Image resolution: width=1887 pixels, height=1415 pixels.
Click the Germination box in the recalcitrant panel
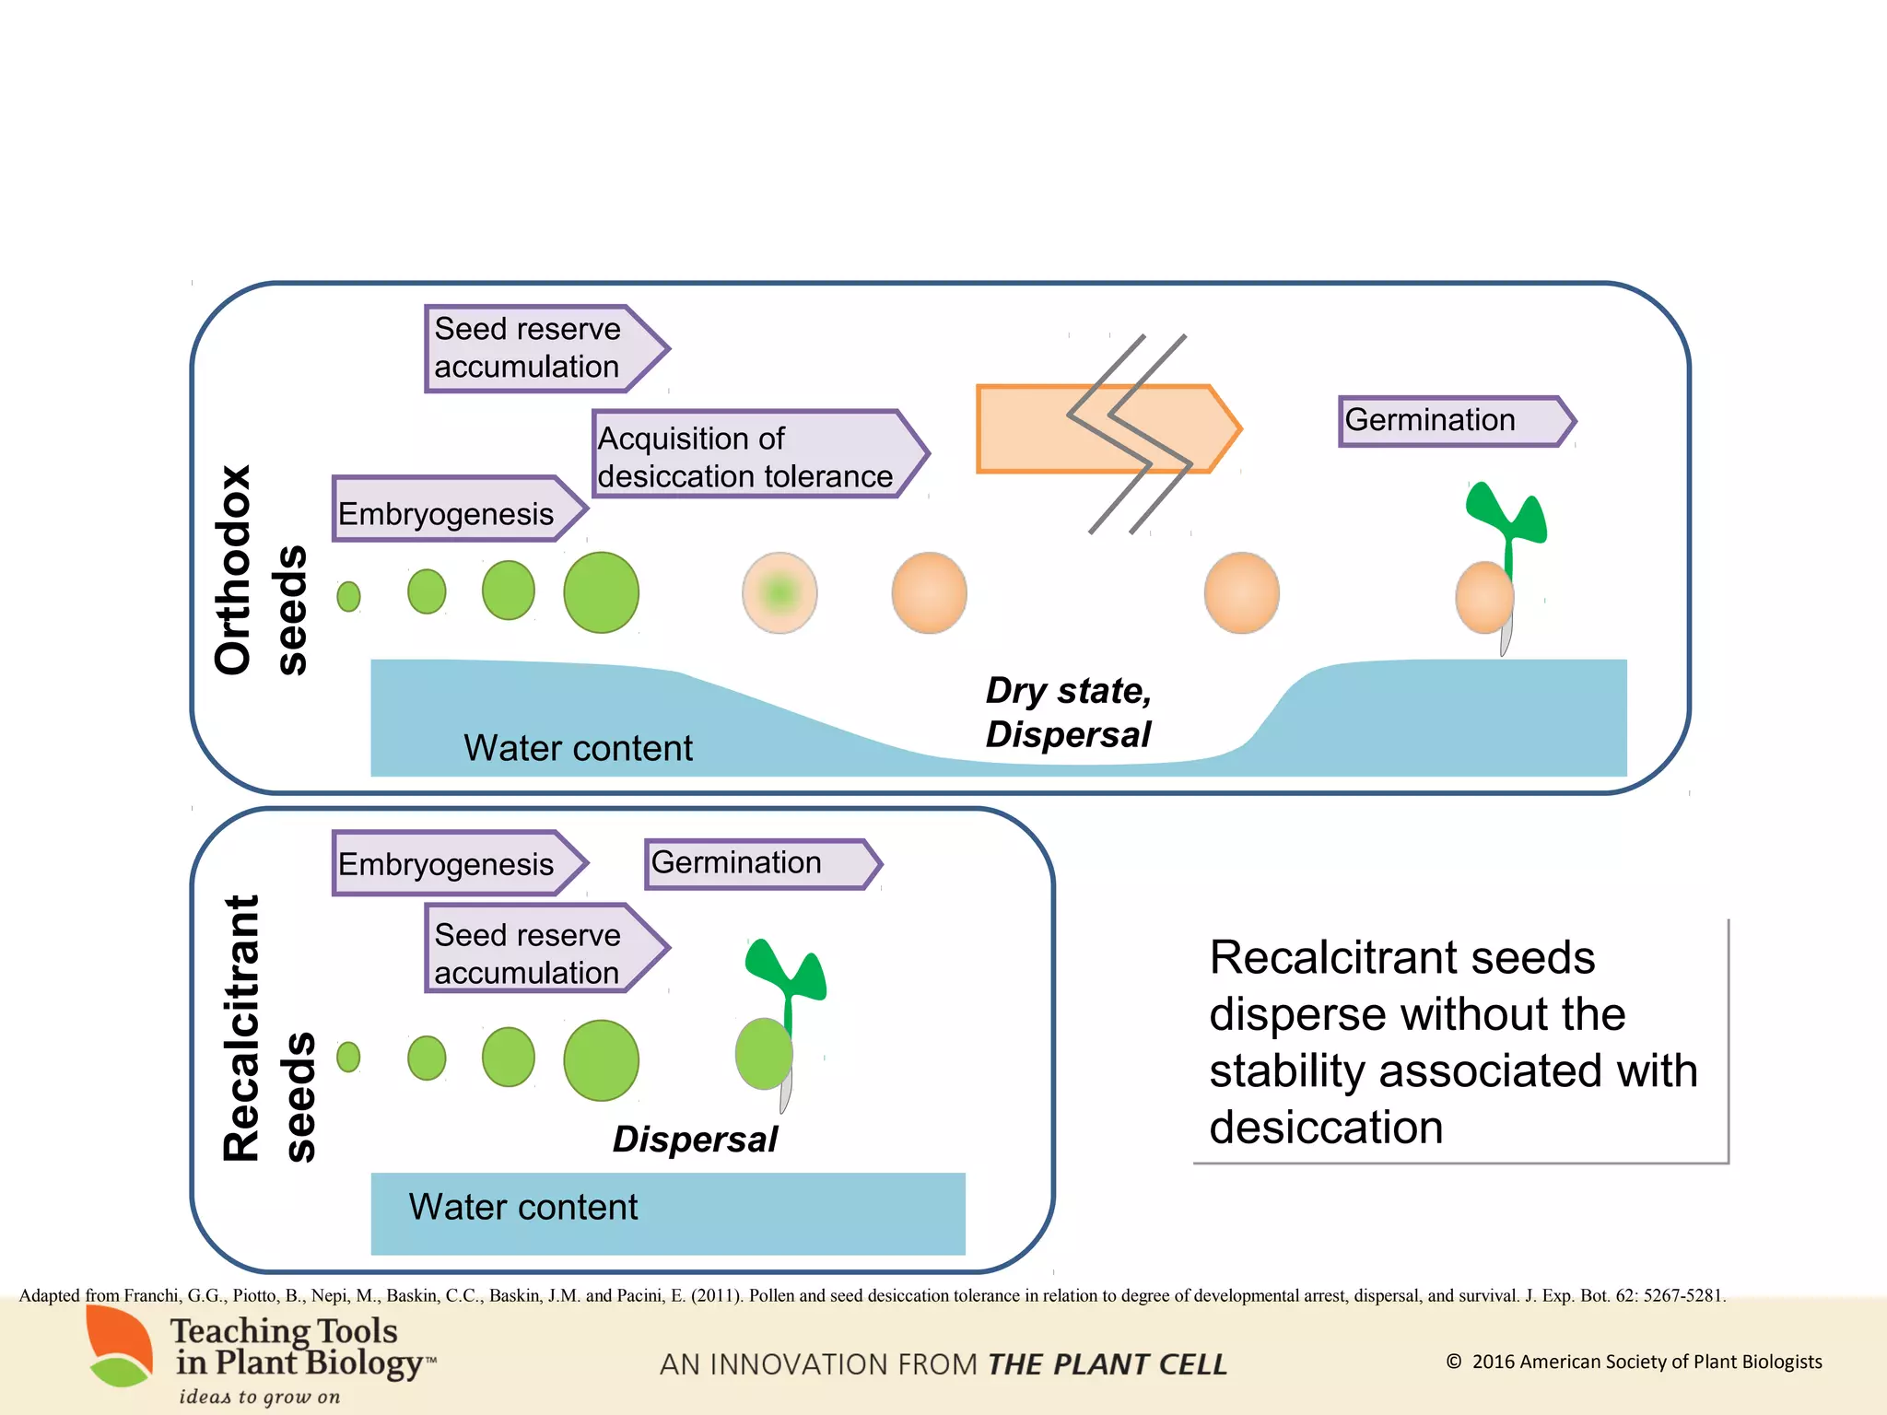tap(756, 863)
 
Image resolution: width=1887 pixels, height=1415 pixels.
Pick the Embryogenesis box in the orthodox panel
tap(451, 510)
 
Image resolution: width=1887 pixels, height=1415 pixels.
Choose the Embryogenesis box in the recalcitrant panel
tap(451, 863)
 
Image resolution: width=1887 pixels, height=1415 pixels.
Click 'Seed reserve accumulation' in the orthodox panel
tap(534, 348)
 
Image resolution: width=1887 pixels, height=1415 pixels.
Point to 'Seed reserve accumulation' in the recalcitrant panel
tap(534, 953)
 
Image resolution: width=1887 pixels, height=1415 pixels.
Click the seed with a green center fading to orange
tap(779, 592)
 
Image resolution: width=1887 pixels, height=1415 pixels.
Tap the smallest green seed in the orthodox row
tap(348, 596)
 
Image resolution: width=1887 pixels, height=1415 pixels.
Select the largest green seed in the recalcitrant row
tap(601, 1060)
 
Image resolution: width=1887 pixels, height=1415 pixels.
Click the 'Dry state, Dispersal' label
tap(1068, 712)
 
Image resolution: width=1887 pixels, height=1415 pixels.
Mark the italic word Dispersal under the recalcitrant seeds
tap(695, 1140)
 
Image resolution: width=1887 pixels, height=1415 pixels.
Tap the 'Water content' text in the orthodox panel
tap(578, 748)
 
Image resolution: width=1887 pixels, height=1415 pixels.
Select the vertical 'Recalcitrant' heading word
tap(242, 1027)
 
